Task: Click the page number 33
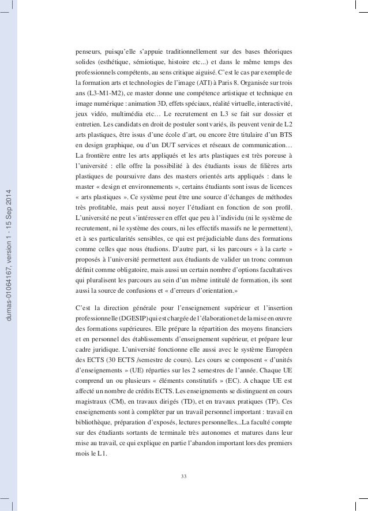(x=183, y=476)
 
